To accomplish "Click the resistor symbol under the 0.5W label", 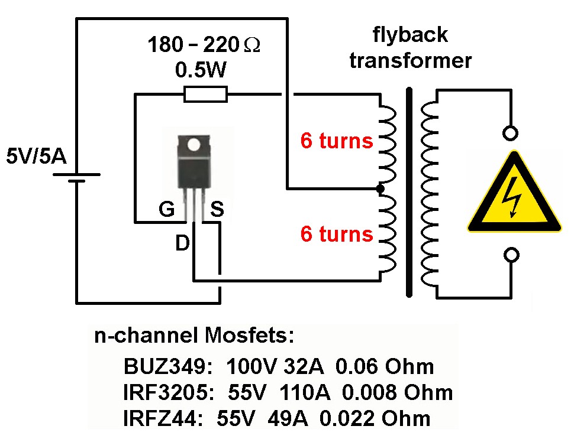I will [x=205, y=93].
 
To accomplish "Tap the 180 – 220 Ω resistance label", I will [x=204, y=45].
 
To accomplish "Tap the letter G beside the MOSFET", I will [x=167, y=210].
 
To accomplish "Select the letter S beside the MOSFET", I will [x=217, y=210].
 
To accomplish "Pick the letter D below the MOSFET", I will [x=182, y=242].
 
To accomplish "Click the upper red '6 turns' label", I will [x=337, y=141].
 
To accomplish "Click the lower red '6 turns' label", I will [x=337, y=234].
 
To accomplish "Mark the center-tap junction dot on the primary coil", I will [x=380, y=189].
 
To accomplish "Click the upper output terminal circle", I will [x=510, y=132].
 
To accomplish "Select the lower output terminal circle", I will [x=510, y=255].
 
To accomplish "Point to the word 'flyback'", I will [x=409, y=35].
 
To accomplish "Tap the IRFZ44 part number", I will [x=159, y=418].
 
